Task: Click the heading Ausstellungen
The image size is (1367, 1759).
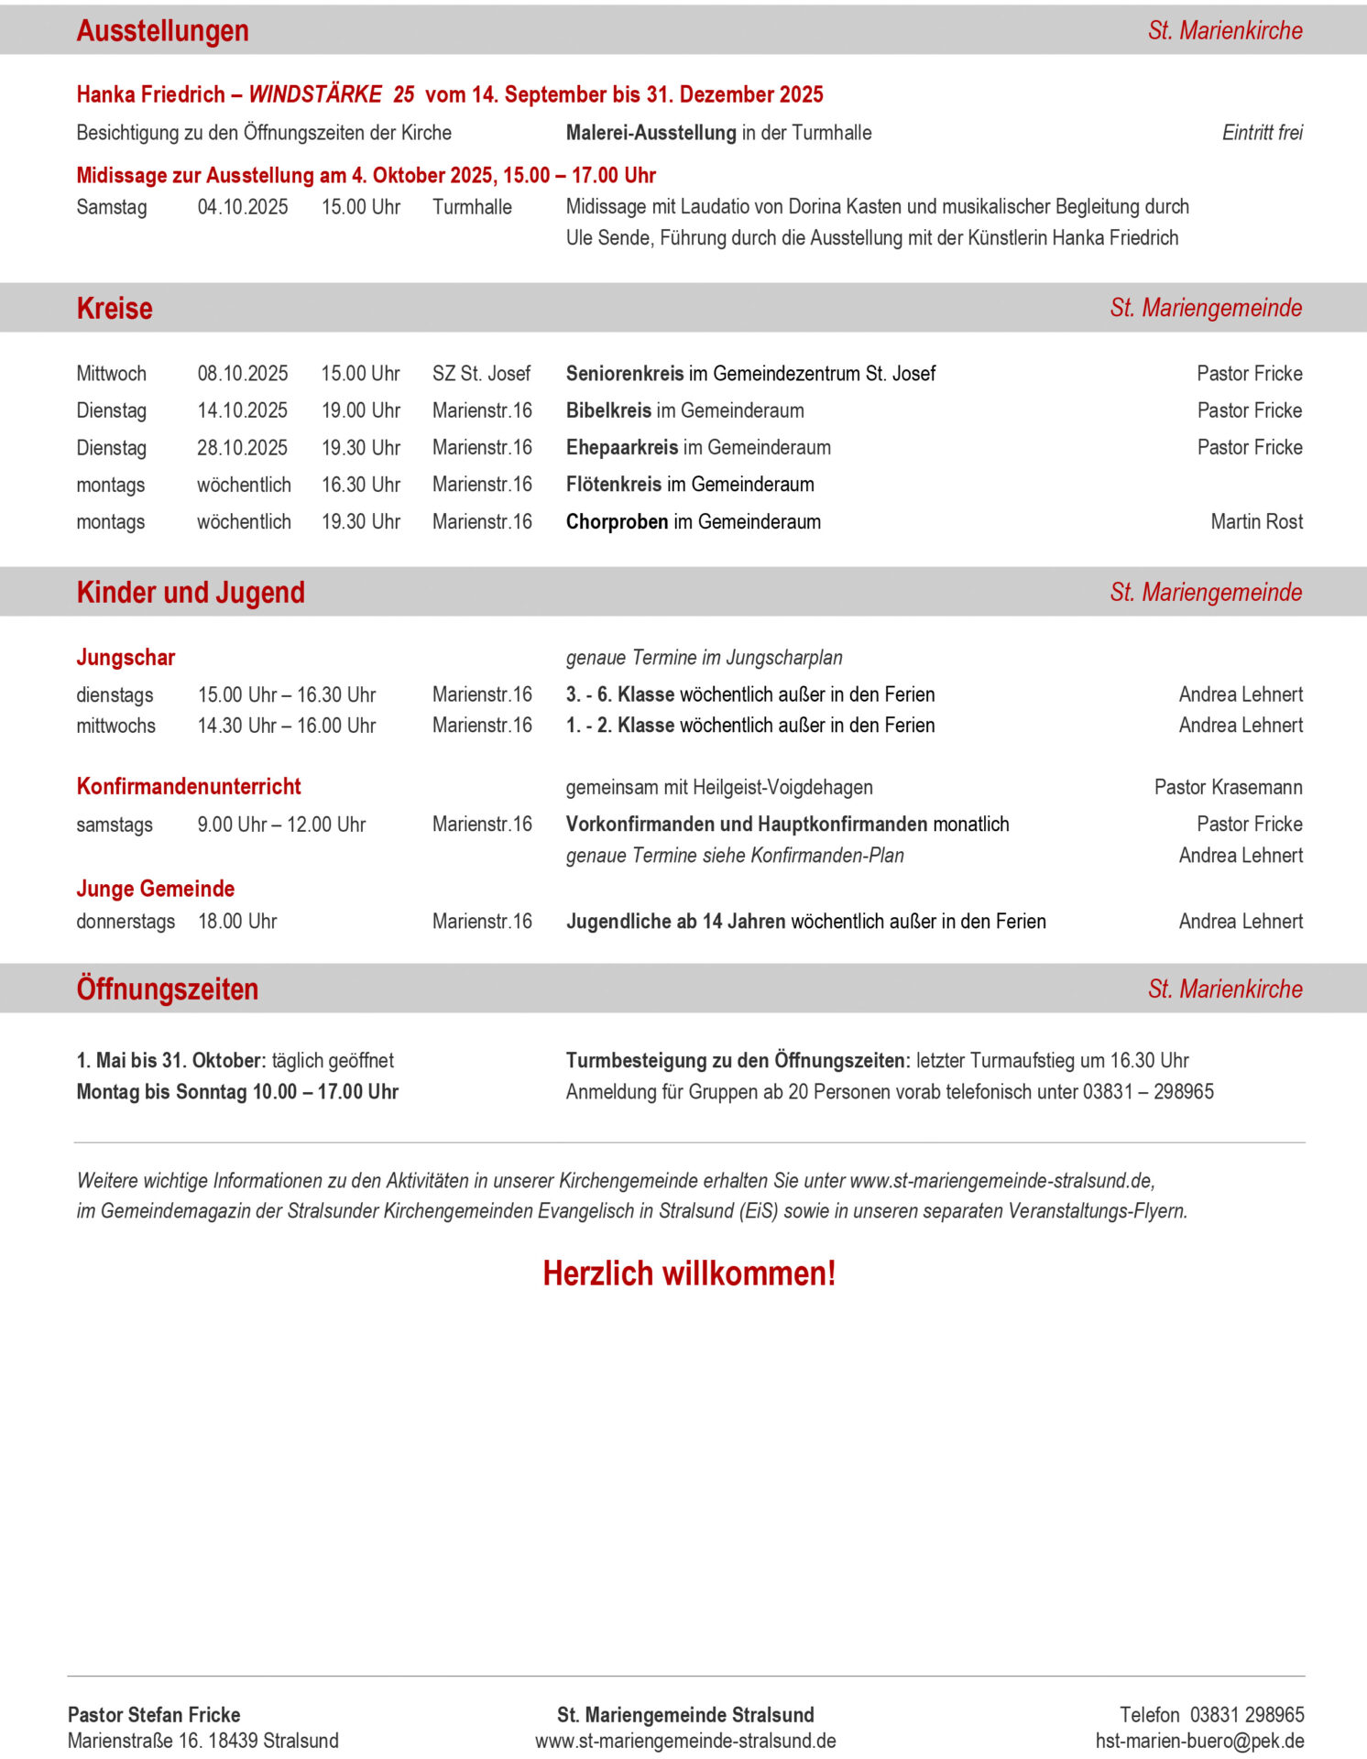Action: coord(162,30)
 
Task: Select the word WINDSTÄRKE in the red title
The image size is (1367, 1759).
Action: coord(315,94)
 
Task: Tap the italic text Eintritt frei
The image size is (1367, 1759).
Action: coord(1262,133)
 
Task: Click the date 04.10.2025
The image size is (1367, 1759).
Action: coord(243,207)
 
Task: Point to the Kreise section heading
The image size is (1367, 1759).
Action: coord(115,308)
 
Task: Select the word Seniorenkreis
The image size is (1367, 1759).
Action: coord(625,374)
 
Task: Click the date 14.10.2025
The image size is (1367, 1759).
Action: coord(243,410)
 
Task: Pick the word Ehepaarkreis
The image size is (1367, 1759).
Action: coord(622,447)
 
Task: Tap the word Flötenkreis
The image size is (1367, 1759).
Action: coord(614,485)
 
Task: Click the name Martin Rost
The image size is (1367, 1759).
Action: coord(1256,521)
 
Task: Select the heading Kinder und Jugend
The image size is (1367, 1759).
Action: coord(191,592)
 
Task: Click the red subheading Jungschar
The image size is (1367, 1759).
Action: coord(126,658)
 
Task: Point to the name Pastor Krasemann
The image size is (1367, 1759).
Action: coord(1228,787)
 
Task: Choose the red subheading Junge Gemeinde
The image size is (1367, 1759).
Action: coord(156,889)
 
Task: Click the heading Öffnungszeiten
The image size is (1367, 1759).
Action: coord(168,989)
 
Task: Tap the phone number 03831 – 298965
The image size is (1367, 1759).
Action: coord(1148,1091)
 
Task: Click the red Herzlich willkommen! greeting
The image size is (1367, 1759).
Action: coord(689,1273)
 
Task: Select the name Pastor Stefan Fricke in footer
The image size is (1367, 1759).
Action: coord(154,1715)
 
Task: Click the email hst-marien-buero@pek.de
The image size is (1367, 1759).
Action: coord(1199,1741)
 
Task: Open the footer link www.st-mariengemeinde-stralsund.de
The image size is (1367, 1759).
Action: coord(685,1741)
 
